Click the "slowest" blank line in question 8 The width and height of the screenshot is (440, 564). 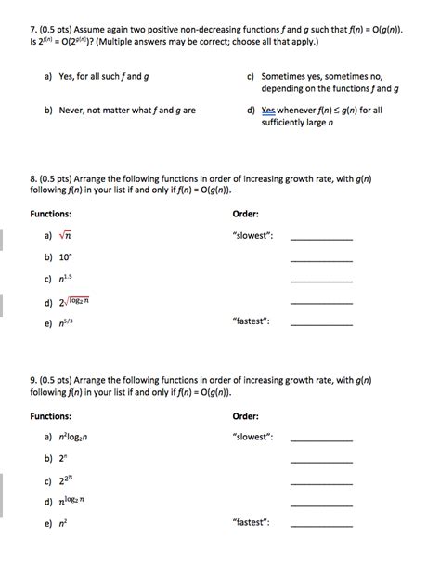(x=321, y=240)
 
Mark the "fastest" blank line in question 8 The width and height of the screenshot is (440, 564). (x=321, y=324)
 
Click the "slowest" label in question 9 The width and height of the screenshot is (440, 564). (x=253, y=436)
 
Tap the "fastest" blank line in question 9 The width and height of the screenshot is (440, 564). (x=321, y=525)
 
